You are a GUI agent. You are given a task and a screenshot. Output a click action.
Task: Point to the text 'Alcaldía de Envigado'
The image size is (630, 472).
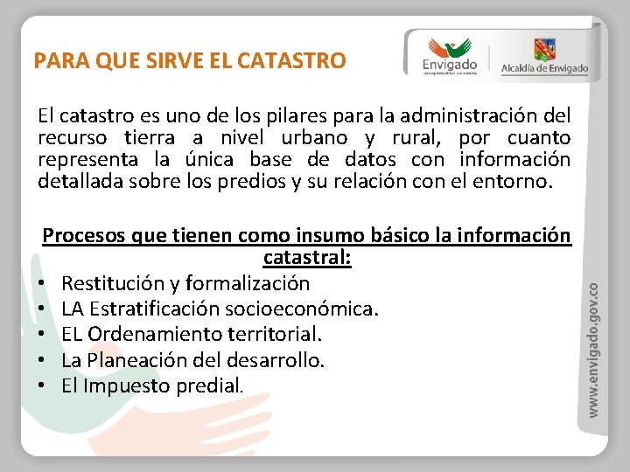544,69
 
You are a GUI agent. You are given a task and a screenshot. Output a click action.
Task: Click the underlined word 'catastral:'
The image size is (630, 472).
307,258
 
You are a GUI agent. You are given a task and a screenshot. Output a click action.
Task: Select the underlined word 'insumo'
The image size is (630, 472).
332,236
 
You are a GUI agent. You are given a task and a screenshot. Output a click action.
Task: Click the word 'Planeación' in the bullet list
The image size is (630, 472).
145,359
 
